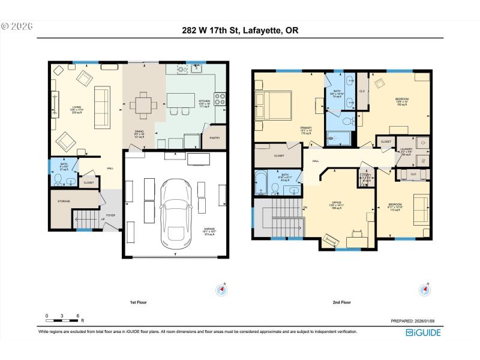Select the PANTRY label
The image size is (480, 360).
(214, 137)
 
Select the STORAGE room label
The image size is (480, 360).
(64, 202)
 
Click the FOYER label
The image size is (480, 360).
(110, 215)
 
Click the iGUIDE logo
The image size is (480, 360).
(423, 332)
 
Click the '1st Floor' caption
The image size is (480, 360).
(138, 302)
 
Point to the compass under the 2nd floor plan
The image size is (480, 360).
(425, 290)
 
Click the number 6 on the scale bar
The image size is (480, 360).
(78, 316)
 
